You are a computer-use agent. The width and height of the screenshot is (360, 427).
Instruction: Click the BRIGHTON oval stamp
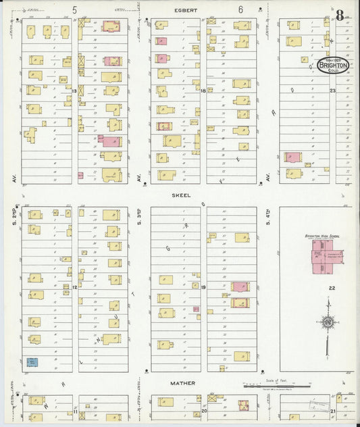coord(333,66)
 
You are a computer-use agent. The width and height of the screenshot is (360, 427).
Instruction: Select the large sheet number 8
coord(343,15)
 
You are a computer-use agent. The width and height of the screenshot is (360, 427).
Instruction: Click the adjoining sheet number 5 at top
coord(75,9)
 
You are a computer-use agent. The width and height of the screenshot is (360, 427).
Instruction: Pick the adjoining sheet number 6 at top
coord(240,9)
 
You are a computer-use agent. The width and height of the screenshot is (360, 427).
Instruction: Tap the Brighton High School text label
coord(322,236)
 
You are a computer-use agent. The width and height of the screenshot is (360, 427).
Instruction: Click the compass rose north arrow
coord(327,323)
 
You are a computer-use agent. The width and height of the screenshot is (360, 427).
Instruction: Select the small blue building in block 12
coord(32,362)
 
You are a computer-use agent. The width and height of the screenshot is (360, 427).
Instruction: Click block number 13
coord(74,91)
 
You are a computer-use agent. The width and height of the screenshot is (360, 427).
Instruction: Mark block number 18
coord(203,91)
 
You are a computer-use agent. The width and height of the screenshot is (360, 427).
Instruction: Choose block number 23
coord(332,91)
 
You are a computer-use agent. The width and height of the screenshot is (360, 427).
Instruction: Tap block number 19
coord(203,286)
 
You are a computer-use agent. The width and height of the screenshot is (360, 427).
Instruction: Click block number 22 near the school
coord(332,288)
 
